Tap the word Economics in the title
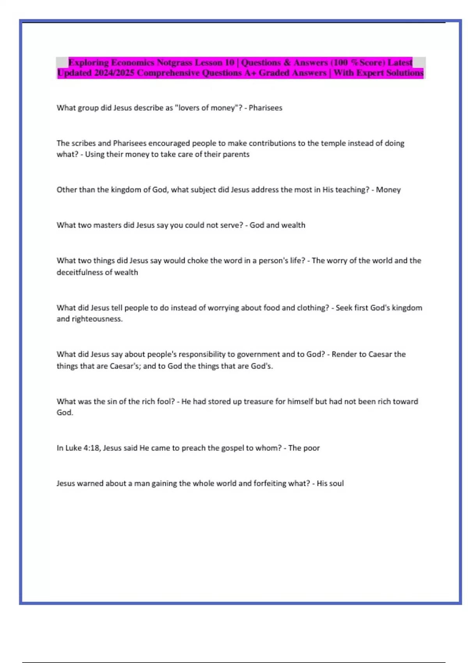(x=133, y=62)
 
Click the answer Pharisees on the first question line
(x=266, y=108)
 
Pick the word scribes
(x=83, y=143)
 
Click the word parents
(x=236, y=154)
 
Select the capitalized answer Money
(x=388, y=190)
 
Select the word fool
(x=166, y=402)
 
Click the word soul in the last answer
(x=336, y=484)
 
